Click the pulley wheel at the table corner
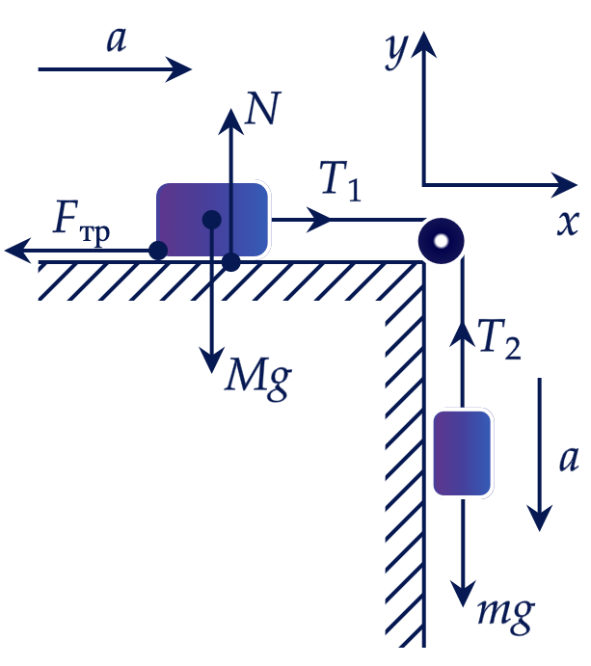coord(441,241)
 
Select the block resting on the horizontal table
coord(212,220)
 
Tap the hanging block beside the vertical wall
coord(462,453)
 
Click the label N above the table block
coord(263,108)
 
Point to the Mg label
coord(257,379)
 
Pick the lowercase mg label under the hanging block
coord(505,616)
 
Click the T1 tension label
coord(340,181)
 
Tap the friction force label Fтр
coord(82,223)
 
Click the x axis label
coord(569,223)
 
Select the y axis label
coord(396,51)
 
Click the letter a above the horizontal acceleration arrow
coord(117,40)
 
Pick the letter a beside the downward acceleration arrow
coord(569,459)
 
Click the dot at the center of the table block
coord(211,220)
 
